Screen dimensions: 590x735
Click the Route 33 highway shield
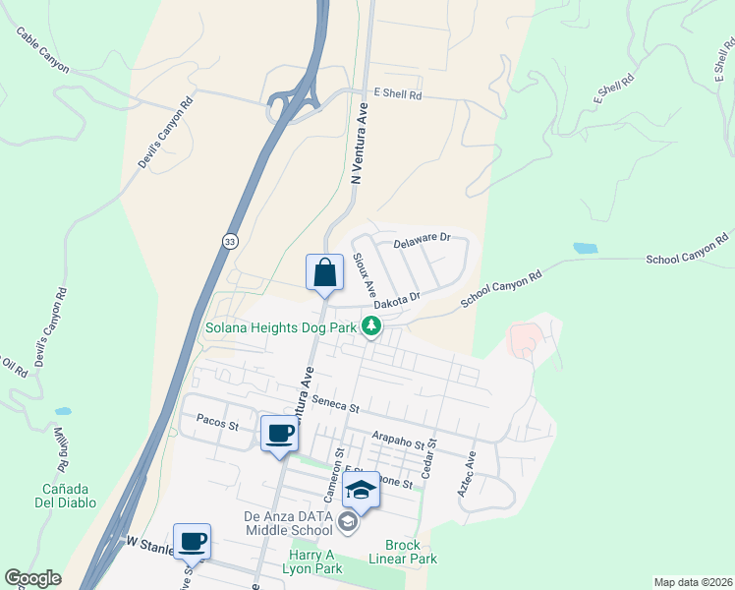coord(229,241)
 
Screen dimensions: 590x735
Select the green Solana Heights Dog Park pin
coord(371,325)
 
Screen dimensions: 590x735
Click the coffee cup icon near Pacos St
coord(279,434)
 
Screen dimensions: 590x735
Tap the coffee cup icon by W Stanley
coord(192,541)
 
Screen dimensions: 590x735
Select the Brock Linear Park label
coord(403,553)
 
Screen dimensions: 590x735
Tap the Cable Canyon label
coord(42,50)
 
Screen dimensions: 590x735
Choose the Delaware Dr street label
coord(422,239)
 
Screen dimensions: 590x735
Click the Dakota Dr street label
coord(400,296)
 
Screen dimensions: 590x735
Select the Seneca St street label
coord(336,403)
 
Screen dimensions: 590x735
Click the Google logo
coord(32,578)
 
